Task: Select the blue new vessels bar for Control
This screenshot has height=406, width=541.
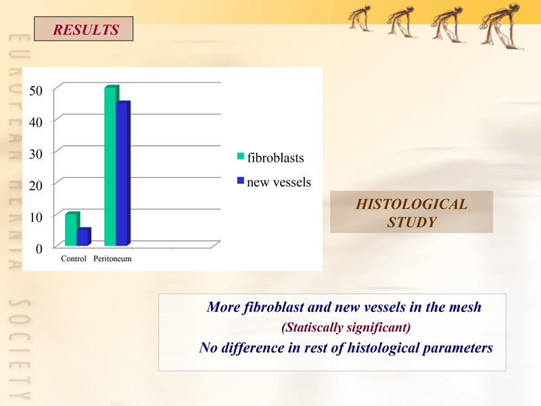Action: point(83,237)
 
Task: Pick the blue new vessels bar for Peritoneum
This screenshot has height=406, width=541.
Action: point(123,174)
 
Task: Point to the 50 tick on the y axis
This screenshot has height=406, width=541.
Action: point(36,91)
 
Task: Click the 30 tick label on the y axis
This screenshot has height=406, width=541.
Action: point(36,154)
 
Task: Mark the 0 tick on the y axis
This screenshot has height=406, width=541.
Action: point(39,248)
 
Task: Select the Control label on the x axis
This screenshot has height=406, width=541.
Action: point(74,258)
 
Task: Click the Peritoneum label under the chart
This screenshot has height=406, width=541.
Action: point(112,258)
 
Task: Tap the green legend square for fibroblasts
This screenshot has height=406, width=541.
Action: point(241,156)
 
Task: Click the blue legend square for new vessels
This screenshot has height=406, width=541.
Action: point(241,181)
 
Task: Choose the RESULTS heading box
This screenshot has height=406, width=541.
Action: point(83,28)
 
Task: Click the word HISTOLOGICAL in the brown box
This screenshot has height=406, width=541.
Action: point(412,204)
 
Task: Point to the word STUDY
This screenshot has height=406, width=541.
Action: point(412,222)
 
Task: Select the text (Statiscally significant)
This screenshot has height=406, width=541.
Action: point(346,327)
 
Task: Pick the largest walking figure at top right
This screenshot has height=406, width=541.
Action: point(502,26)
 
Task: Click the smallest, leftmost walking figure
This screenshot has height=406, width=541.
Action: point(360,18)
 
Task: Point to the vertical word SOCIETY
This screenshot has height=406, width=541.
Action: point(20,349)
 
